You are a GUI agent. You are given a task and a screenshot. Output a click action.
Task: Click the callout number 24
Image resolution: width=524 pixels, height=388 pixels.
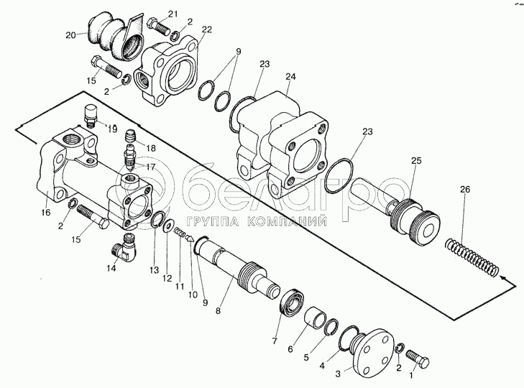pos(290,77)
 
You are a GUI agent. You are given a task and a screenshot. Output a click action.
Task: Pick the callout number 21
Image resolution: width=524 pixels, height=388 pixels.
pos(173,14)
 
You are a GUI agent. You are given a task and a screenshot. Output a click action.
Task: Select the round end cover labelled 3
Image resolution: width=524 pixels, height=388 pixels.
pos(372,351)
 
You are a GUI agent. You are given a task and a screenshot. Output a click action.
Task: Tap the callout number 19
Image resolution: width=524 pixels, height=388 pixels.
pos(113,130)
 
